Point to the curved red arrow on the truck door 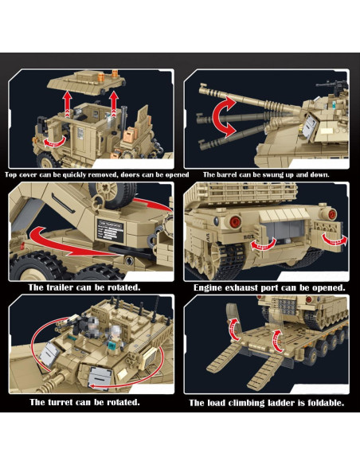(52, 140)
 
